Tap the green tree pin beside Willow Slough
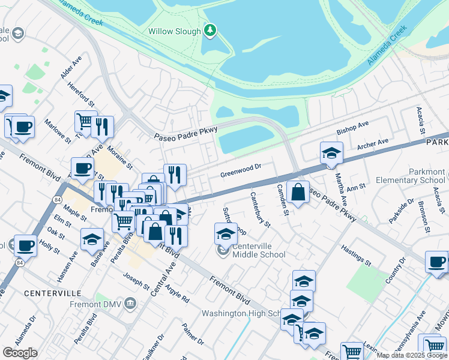[x=210, y=30]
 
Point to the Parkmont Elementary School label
[x=411, y=176]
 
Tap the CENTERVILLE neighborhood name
[x=53, y=293]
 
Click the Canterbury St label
[x=261, y=209]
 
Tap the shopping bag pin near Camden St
[x=298, y=192]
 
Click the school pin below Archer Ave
[x=331, y=153]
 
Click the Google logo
[x=20, y=353]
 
